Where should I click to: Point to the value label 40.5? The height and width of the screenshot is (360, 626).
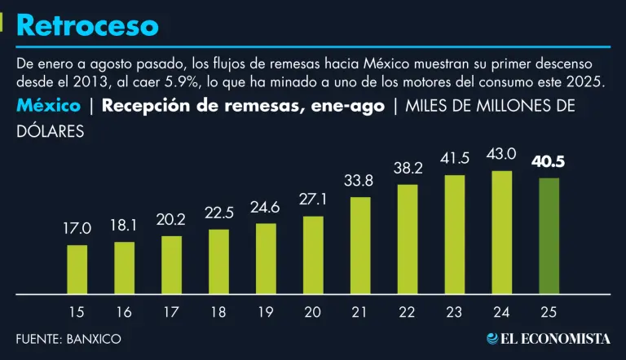click(x=549, y=161)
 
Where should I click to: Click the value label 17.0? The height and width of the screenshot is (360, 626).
click(x=77, y=229)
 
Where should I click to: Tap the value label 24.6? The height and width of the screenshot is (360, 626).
click(x=266, y=207)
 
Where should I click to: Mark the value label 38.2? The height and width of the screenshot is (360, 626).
click(x=408, y=168)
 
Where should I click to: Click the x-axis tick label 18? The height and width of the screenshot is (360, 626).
click(x=218, y=311)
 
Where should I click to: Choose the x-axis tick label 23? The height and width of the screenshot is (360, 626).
click(x=455, y=311)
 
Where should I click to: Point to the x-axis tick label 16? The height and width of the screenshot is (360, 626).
click(x=124, y=311)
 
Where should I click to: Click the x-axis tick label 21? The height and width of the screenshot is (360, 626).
click(x=360, y=311)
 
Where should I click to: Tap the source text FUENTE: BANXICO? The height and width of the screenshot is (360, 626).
click(x=68, y=338)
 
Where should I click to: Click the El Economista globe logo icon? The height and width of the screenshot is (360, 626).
click(x=493, y=338)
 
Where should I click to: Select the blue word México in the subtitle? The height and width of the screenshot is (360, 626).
click(x=48, y=106)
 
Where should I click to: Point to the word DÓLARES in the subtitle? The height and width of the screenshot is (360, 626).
click(x=50, y=130)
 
